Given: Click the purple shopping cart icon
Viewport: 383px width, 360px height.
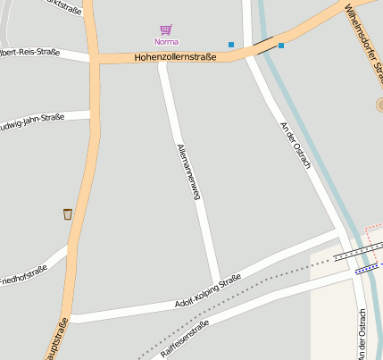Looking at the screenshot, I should point(165,29).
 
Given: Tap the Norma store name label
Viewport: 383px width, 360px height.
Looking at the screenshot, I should point(166,42).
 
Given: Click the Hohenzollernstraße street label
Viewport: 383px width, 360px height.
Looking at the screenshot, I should point(176,57).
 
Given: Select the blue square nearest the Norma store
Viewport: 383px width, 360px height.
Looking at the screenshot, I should point(231,45).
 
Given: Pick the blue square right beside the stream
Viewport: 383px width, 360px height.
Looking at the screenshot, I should point(281,45).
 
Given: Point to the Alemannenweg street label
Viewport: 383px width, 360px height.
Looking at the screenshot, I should point(188,172).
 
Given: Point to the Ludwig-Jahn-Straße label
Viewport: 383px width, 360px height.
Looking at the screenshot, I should point(37,121).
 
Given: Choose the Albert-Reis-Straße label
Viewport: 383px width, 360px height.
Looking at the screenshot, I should point(31,53).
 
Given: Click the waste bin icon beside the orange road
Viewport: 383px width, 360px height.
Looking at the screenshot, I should point(68,213).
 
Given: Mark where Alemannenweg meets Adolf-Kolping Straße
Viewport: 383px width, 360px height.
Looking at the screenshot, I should point(216,283).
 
